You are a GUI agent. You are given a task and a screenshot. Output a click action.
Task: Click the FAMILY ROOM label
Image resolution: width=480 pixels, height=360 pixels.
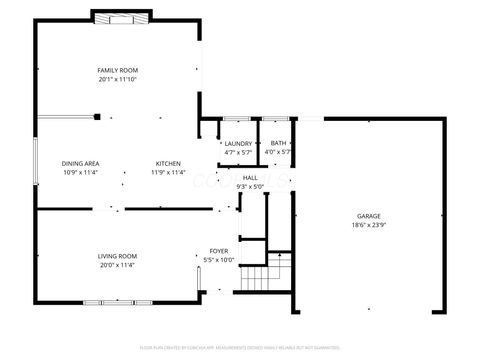coord(117,70)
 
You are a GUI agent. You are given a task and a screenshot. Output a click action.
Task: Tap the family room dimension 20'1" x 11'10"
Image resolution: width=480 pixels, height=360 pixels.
coord(117,79)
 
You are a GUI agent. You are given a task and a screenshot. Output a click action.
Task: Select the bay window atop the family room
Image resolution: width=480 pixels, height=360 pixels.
coord(122,16)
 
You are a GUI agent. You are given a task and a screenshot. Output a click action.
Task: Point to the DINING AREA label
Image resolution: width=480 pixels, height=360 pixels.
coord(80,163)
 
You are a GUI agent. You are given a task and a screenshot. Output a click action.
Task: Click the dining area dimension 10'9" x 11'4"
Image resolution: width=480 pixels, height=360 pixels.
coord(80,172)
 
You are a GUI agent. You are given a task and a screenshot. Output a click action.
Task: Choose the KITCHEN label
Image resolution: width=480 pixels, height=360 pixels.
coord(167,163)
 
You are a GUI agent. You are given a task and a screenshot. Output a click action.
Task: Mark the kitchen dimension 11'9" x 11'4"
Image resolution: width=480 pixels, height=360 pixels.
coord(167,172)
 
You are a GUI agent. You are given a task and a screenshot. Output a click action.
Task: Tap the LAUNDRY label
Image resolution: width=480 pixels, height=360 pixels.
coord(238,144)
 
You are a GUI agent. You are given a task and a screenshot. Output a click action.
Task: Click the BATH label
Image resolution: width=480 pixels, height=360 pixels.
coord(277,144)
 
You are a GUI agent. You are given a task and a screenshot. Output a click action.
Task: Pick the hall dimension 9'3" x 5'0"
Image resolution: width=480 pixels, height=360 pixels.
coord(249,186)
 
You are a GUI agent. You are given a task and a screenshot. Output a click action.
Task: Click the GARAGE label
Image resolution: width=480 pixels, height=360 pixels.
coord(369,216)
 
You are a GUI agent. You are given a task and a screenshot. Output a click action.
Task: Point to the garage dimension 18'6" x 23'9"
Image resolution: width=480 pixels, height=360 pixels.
coord(369,225)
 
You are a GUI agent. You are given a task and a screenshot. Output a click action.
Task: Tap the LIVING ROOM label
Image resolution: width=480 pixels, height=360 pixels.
coord(117,256)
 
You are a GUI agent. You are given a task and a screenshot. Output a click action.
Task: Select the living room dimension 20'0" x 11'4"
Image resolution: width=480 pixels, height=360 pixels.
coord(117,265)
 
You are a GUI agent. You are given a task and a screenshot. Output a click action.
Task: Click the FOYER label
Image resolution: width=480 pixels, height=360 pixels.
coord(218,250)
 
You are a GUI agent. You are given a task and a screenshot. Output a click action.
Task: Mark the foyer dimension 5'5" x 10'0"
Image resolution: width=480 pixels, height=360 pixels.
coord(218,259)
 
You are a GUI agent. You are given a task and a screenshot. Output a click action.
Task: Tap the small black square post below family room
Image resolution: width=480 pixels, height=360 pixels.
coord(97,116)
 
